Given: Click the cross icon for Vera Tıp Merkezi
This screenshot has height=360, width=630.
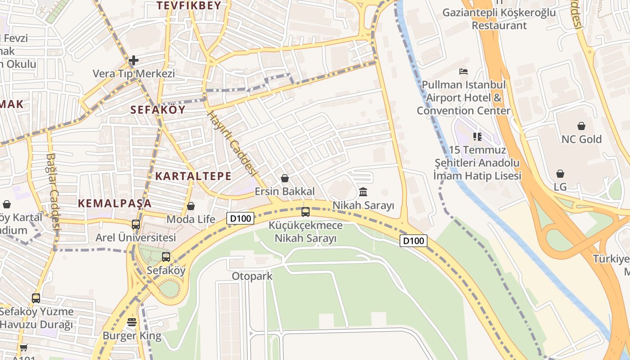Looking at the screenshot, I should click(x=134, y=60).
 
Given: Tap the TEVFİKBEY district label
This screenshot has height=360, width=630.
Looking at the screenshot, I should click(x=189, y=5).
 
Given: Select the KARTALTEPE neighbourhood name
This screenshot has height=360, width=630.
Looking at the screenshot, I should click(x=193, y=176).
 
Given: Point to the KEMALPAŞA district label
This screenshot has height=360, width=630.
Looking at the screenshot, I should click(x=115, y=203).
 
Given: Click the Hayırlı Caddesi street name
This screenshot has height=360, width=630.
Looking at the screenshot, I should click(x=232, y=144).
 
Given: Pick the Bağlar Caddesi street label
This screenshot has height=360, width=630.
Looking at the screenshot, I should click(x=53, y=192).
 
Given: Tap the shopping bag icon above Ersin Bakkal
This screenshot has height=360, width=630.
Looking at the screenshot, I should click(x=285, y=178).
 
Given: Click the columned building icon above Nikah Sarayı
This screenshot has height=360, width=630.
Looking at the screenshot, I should click(x=363, y=192).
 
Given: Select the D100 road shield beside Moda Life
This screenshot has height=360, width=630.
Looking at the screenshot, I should click(x=240, y=218).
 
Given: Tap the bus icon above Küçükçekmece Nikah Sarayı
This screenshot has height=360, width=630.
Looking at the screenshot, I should click(x=306, y=211).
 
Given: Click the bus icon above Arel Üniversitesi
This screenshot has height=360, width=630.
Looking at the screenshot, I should click(x=136, y=224).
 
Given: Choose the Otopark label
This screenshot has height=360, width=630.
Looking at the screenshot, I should click(x=252, y=276).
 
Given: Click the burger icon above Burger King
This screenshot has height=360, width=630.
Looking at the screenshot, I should click(x=132, y=322).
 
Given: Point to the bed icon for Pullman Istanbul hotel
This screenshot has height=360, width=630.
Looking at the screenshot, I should click(x=463, y=72).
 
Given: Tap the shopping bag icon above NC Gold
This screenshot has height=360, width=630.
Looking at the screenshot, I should click(x=581, y=126).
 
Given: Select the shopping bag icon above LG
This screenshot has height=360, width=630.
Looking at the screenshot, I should click(x=560, y=174).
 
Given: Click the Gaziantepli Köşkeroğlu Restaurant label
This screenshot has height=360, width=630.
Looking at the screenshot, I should click(x=499, y=19).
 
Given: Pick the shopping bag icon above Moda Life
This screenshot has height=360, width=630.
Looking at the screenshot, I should click(x=191, y=206).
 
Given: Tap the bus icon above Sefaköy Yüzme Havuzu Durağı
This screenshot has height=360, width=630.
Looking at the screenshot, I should click(x=36, y=298).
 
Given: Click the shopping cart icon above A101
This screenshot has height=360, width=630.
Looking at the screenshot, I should click(x=23, y=347).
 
